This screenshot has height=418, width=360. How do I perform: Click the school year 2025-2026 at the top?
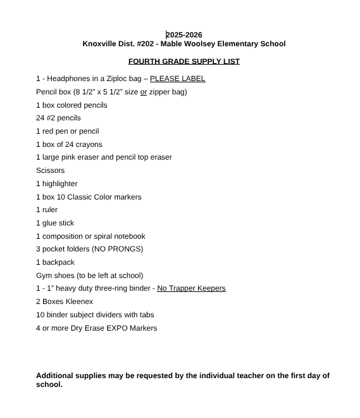[x=184, y=34]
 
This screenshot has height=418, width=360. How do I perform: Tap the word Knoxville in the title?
[x=101, y=44]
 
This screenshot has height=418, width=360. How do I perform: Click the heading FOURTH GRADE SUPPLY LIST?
[x=183, y=61]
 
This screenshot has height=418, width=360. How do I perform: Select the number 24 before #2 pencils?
[x=40, y=118]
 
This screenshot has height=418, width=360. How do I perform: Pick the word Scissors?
[x=50, y=170]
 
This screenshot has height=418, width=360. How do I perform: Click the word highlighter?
[x=60, y=184]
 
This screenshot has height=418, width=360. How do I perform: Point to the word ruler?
[x=50, y=210]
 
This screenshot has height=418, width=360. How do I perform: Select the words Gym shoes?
[x=54, y=275]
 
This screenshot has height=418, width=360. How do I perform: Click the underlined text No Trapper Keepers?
[x=191, y=288]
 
